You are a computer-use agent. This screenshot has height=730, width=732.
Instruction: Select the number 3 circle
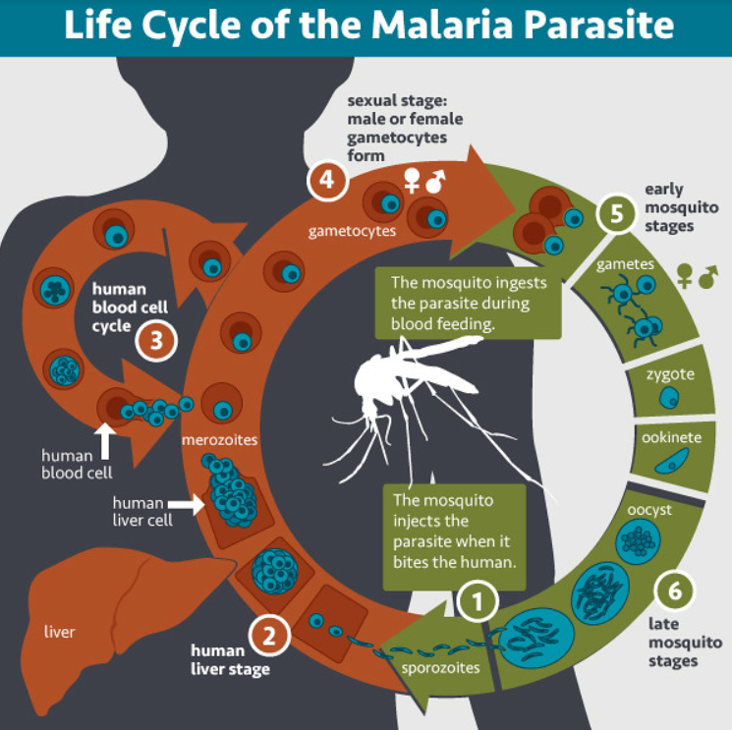[157, 341]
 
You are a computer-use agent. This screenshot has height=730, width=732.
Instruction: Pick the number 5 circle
[617, 214]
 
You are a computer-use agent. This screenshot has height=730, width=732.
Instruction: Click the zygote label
[669, 374]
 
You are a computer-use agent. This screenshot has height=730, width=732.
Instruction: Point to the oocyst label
[648, 509]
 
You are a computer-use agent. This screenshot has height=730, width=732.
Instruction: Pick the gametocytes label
[351, 233]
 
